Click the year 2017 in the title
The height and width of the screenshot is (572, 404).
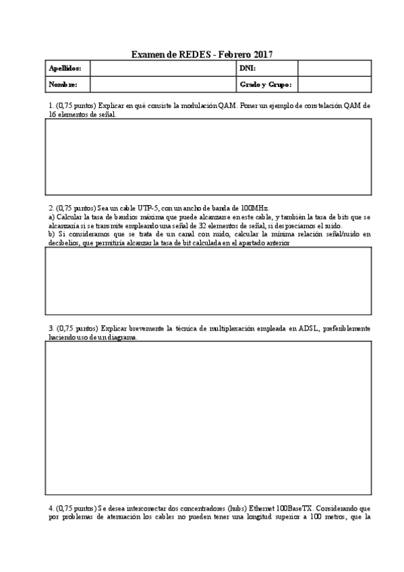(x=262, y=54)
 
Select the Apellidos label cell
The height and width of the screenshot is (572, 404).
(x=67, y=68)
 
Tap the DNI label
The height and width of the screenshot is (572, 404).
(x=248, y=68)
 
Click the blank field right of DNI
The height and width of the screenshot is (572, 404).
(x=334, y=68)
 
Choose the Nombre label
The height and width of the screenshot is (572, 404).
(x=67, y=84)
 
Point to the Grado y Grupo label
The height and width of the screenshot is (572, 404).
(x=265, y=84)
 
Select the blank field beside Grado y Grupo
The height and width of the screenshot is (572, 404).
(x=334, y=84)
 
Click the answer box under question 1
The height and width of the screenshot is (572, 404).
(x=208, y=156)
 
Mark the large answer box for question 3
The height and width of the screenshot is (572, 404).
(x=208, y=418)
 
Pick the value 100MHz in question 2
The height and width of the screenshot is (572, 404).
(x=254, y=208)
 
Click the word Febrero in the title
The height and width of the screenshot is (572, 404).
(x=231, y=54)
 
